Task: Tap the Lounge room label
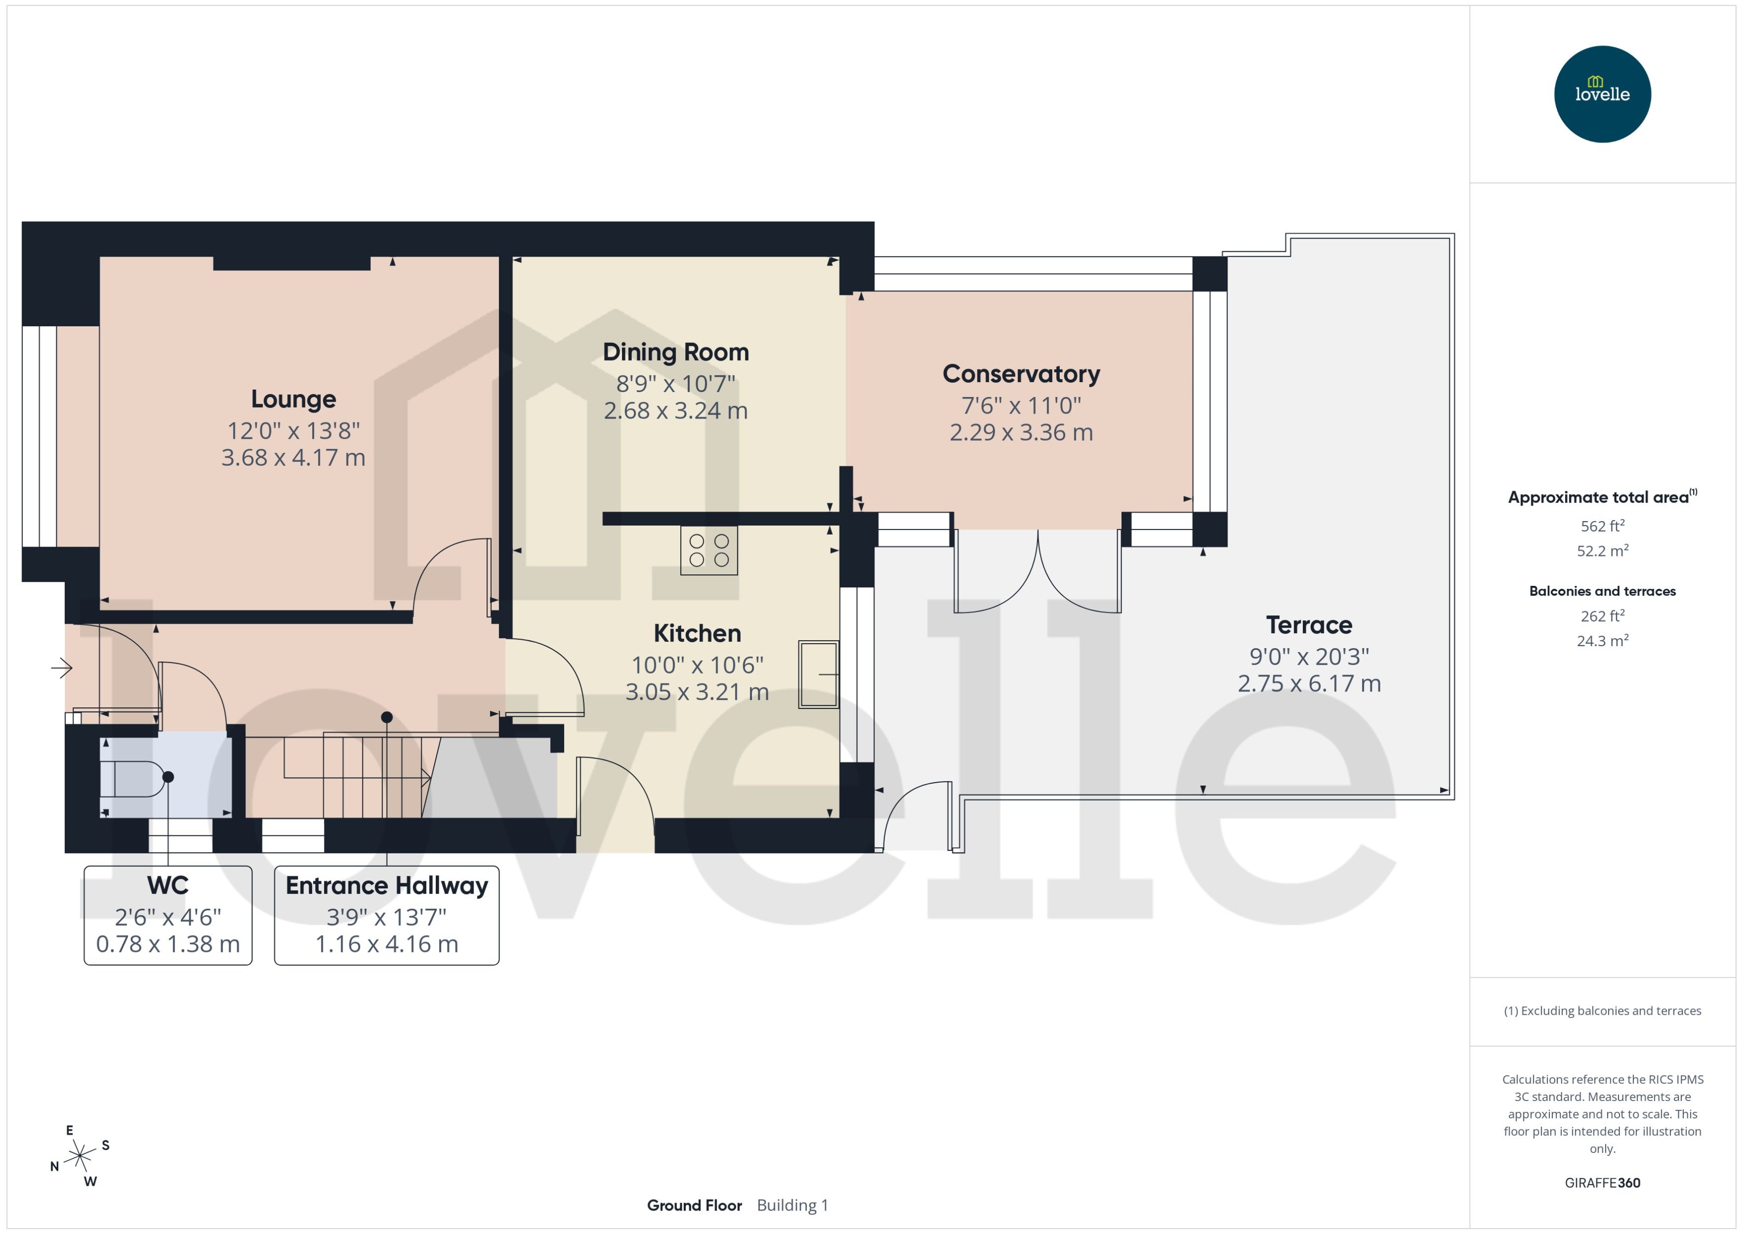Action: point(293,399)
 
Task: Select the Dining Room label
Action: point(675,352)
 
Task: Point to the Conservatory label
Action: point(1021,374)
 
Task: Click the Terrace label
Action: point(1309,625)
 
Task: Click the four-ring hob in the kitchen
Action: point(709,550)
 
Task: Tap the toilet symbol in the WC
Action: point(133,778)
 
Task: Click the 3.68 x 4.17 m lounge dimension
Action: point(293,457)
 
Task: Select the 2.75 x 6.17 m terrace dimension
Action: point(1309,683)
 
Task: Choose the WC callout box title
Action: point(168,885)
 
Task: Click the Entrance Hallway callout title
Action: point(386,885)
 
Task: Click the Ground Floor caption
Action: point(694,1205)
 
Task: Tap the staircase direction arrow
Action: point(425,777)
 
